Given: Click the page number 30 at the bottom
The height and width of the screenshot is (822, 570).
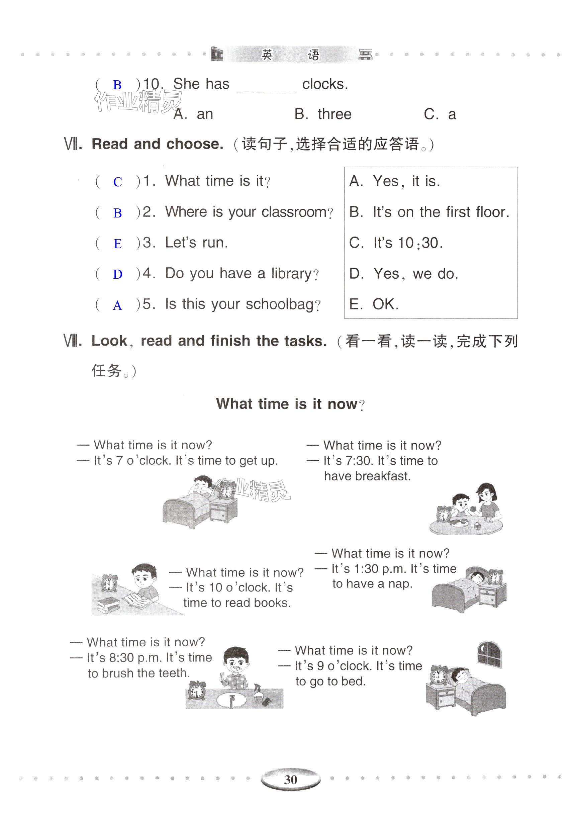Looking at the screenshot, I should (x=290, y=779).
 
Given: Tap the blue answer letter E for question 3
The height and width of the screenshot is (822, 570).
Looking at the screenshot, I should (x=117, y=244).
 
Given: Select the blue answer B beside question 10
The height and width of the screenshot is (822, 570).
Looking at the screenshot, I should (x=117, y=85).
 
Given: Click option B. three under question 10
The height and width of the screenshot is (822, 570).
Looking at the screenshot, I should (x=323, y=114).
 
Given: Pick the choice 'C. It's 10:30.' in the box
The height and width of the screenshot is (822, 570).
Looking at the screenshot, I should (x=396, y=243).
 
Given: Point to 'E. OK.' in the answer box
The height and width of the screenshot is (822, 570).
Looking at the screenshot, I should (x=374, y=304).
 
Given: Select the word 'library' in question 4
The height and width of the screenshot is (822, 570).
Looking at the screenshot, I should (x=291, y=274).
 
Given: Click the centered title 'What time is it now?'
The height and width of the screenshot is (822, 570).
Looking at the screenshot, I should (x=290, y=404).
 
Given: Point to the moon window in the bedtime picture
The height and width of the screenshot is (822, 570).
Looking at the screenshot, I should (x=489, y=654).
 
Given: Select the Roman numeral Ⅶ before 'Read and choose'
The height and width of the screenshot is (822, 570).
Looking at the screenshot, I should (x=73, y=144).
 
